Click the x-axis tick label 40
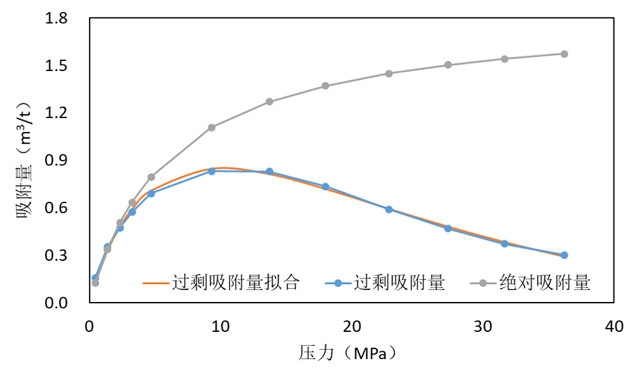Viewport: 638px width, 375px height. tap(614, 327)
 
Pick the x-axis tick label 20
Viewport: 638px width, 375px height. tap(352, 327)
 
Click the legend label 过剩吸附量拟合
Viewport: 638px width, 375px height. tap(236, 283)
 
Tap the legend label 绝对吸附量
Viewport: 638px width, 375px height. tap(545, 283)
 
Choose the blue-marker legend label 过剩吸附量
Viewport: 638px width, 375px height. tap(399, 283)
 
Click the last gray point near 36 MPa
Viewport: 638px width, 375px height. tap(564, 54)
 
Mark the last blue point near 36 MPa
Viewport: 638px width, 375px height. tap(564, 255)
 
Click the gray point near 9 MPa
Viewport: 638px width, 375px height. tap(211, 127)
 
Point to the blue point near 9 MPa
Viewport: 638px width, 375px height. tap(211, 171)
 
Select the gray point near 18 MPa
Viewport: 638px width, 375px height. tap(326, 86)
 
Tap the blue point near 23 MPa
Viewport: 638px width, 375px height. tap(389, 209)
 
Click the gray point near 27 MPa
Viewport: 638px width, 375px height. tap(448, 65)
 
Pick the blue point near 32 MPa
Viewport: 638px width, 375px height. tap(504, 244)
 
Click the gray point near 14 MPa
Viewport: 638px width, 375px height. tap(269, 102)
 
